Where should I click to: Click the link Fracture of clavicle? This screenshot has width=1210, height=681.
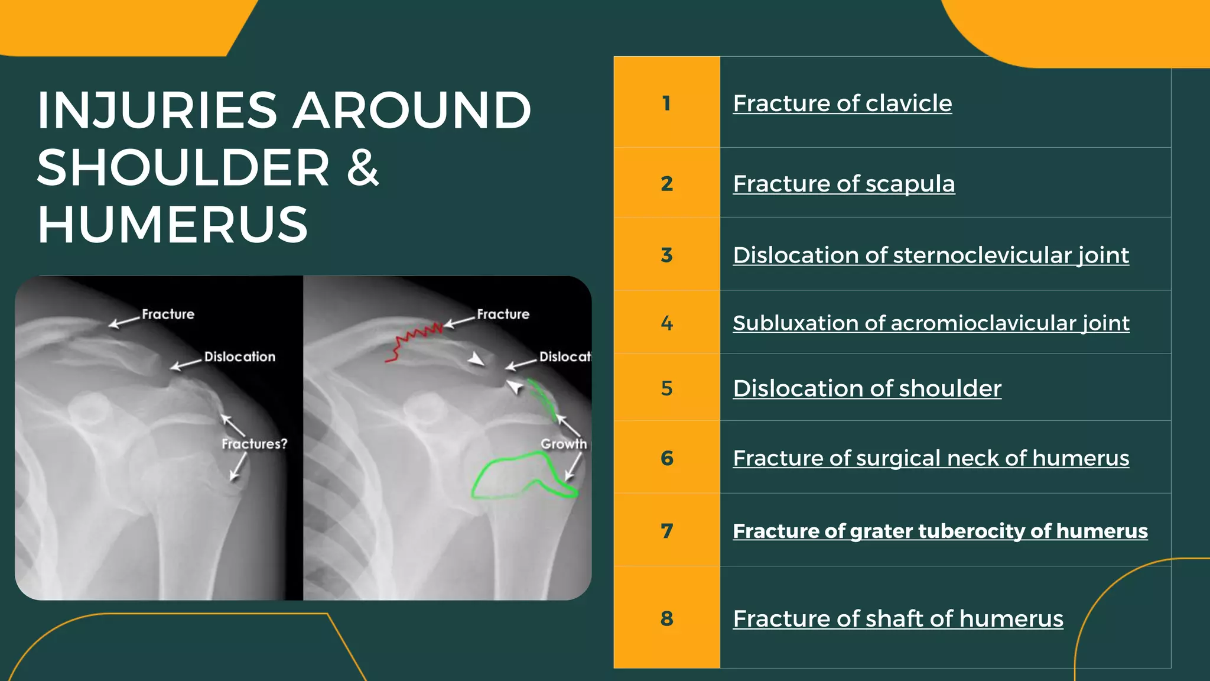tap(842, 103)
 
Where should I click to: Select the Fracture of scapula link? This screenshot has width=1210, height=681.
tap(843, 184)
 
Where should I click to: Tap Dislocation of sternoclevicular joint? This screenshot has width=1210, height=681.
tap(931, 255)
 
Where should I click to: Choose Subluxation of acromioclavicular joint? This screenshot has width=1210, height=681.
tap(931, 323)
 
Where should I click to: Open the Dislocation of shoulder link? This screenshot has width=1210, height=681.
tap(867, 388)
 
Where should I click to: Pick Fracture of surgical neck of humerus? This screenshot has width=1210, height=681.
tap(931, 458)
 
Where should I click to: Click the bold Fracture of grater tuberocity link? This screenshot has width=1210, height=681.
tap(939, 531)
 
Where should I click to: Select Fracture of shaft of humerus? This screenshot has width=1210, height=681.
tap(897, 619)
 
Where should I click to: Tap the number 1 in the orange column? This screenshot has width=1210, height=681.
tap(666, 103)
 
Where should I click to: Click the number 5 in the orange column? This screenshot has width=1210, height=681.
tap(666, 388)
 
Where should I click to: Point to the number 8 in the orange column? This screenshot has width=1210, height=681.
tap(666, 619)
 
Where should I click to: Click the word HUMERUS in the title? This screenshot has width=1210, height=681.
tap(173, 225)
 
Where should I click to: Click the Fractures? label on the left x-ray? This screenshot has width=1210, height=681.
tap(254, 444)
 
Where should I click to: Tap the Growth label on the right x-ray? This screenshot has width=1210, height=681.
tap(564, 444)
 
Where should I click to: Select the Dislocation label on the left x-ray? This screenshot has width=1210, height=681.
tap(239, 357)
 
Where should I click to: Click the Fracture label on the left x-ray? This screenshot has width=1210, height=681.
tap(168, 314)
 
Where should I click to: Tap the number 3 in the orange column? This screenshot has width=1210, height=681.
tap(666, 255)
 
